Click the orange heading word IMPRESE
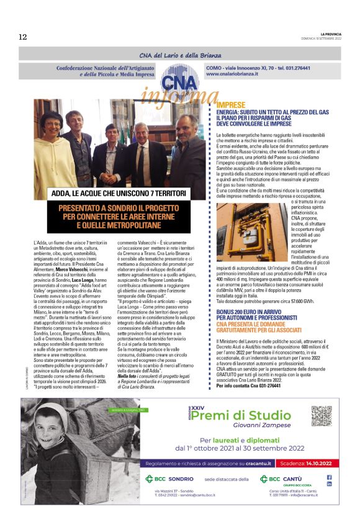(231, 106)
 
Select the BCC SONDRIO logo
(169, 479)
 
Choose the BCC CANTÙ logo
(284, 479)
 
